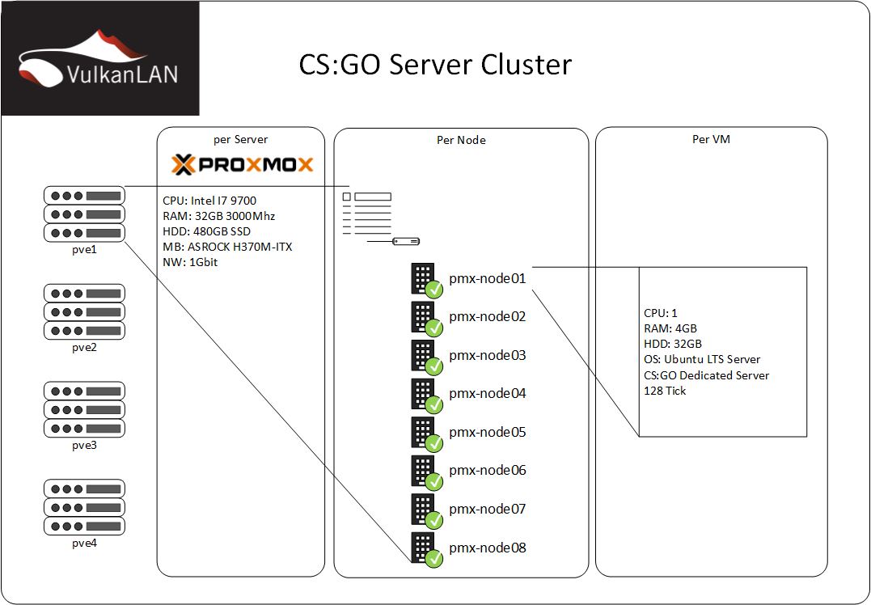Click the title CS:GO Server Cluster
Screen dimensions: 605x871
click(x=435, y=64)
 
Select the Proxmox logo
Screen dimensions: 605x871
click(x=243, y=165)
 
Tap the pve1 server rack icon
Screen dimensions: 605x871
click(x=84, y=214)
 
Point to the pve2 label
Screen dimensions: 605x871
click(x=84, y=347)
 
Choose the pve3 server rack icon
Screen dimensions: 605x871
click(x=84, y=409)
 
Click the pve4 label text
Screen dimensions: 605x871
click(x=84, y=543)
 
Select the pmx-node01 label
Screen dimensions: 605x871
click(x=487, y=278)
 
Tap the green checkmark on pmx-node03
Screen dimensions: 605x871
click(x=434, y=366)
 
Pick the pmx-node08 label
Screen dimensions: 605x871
click(x=487, y=548)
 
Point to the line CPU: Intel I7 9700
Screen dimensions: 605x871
click(x=210, y=201)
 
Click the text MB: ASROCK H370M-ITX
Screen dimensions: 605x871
click(x=227, y=247)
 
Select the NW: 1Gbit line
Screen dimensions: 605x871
click(x=191, y=262)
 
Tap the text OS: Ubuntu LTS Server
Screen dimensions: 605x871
click(x=702, y=359)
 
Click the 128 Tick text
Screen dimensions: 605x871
click(x=665, y=391)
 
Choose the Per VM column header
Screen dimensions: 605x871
click(x=712, y=139)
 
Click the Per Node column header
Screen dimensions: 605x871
click(x=461, y=140)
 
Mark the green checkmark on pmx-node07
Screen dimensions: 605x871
click(x=434, y=520)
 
